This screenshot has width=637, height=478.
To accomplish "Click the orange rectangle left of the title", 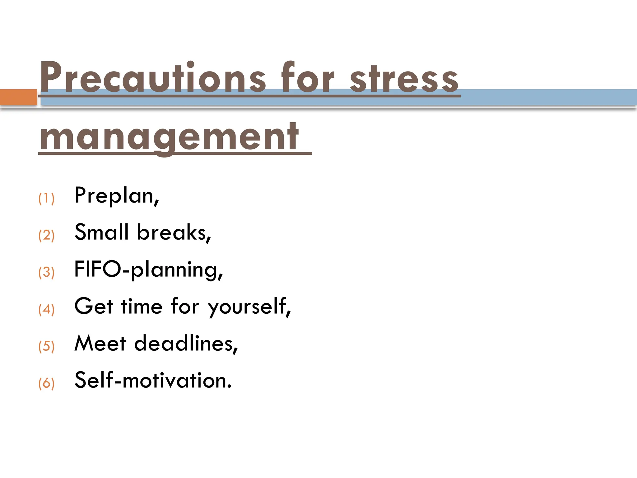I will tap(18, 97).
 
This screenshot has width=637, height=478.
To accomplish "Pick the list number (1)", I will tap(46, 198).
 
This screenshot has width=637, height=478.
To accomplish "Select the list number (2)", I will tap(46, 235).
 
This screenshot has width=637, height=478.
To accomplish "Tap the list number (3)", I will tap(46, 272).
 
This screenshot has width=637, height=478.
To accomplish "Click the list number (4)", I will tap(46, 309).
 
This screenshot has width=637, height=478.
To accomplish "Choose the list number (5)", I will tap(46, 346).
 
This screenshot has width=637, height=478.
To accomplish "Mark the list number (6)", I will tap(46, 383).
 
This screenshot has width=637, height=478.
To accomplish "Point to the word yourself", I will tap(249, 307).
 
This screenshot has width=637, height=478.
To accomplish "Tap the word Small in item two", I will tap(102, 232).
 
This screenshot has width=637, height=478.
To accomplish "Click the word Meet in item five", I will tap(100, 344).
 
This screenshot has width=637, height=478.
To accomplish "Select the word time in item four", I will tap(142, 307).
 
